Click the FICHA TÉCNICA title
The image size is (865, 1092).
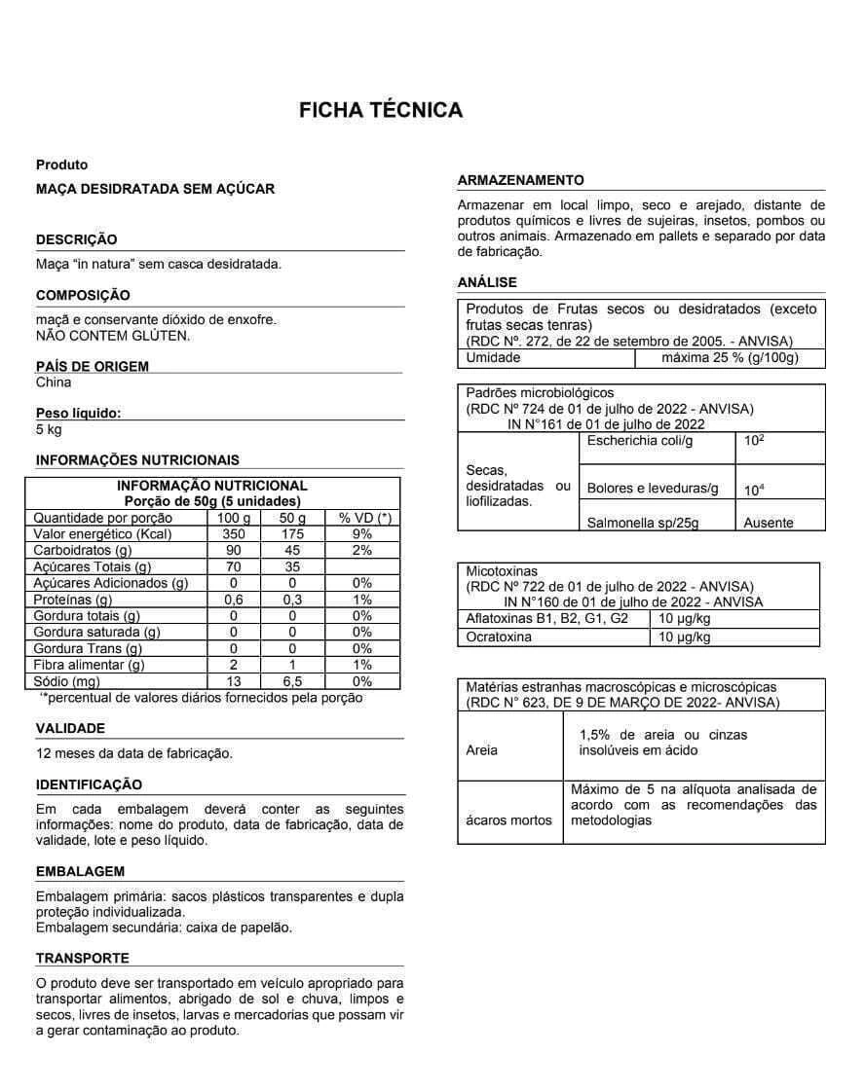pos(381,110)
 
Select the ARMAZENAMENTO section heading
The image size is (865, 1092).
pos(520,180)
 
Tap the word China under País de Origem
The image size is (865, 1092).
pos(54,382)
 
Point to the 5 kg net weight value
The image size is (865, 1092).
pos(49,429)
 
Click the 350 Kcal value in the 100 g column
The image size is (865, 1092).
pos(234,534)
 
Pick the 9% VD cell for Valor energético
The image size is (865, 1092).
pos(362,534)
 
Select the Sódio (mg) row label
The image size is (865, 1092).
pos(67,681)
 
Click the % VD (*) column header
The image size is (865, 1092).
pos(364,518)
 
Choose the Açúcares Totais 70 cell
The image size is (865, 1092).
pos(234,566)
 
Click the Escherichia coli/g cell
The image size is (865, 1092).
pos(640,441)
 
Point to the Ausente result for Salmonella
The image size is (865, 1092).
pos(768,523)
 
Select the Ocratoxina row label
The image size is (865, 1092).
pos(499,637)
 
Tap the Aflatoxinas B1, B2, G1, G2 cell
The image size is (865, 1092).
pos(547,619)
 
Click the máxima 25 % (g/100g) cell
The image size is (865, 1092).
pos(730,357)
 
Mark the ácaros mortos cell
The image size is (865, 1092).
pos(508,819)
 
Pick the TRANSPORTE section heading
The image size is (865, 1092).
pos(82,959)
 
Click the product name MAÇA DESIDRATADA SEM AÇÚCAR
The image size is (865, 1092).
pos(155,189)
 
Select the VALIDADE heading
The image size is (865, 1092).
pos(70,728)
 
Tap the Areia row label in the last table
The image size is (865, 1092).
pos(482,750)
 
